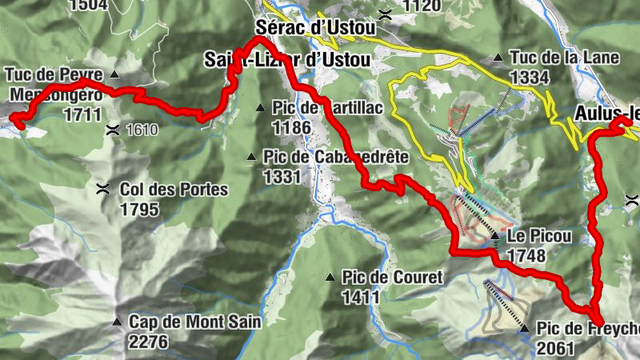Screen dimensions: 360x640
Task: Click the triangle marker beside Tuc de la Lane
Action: click(x=498, y=58)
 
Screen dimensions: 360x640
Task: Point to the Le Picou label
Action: click(x=540, y=236)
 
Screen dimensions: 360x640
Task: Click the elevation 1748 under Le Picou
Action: click(x=526, y=256)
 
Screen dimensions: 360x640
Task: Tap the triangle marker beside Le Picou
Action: click(x=496, y=236)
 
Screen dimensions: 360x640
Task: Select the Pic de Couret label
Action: click(x=392, y=278)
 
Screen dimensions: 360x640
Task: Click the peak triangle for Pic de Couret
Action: click(x=330, y=278)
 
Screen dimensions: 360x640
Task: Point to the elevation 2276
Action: click(x=147, y=342)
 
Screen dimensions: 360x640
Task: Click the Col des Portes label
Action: click(x=174, y=190)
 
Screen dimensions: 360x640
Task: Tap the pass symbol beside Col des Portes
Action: click(x=102, y=190)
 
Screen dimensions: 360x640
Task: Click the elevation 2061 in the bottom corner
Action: click(x=557, y=348)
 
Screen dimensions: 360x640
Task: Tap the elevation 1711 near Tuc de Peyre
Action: click(x=82, y=114)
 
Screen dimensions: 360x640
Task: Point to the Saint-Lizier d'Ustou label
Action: click(x=287, y=60)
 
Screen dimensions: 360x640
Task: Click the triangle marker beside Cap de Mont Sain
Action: click(x=117, y=322)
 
